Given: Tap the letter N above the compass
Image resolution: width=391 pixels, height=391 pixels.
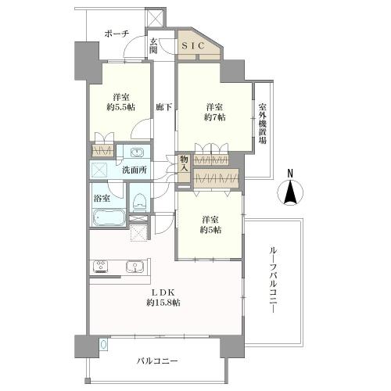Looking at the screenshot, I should click(x=290, y=173).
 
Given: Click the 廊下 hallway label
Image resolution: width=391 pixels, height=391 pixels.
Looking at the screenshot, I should click(x=163, y=107).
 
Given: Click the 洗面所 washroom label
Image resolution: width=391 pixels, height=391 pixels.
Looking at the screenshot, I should click(x=135, y=169).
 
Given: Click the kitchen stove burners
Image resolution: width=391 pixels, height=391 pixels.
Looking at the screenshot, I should click(x=101, y=267).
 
